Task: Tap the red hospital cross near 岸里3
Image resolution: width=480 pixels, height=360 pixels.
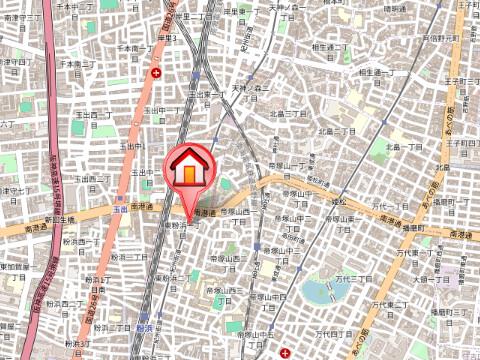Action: tap(156, 73)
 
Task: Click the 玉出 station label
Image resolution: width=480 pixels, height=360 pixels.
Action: tap(121, 210)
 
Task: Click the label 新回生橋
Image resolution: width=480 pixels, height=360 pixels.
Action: tap(60, 219)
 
